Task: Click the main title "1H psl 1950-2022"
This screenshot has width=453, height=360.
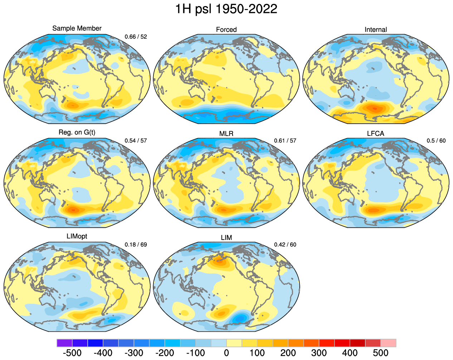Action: [x=226, y=9]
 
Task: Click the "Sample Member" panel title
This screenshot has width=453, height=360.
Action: [x=77, y=28]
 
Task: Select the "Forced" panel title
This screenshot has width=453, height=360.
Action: [x=226, y=30]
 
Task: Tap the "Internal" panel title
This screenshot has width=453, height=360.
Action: [x=376, y=30]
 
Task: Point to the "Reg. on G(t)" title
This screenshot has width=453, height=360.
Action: [x=77, y=132]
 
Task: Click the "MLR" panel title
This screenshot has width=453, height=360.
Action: [x=226, y=134]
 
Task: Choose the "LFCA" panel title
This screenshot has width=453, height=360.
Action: [x=376, y=134]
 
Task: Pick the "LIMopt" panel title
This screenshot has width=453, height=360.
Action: [x=77, y=236]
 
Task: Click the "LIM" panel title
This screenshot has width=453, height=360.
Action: [x=226, y=238]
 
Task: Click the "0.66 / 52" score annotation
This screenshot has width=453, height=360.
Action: [x=136, y=36]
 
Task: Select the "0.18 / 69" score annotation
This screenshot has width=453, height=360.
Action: [x=136, y=245]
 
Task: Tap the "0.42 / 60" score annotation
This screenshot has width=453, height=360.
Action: [x=285, y=245]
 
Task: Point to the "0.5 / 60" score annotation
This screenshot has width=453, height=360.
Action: [x=436, y=140]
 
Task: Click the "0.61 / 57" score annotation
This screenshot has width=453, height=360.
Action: [x=285, y=140]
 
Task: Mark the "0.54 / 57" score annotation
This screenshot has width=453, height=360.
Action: [x=136, y=140]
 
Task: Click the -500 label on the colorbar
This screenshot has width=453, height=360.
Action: [x=72, y=353]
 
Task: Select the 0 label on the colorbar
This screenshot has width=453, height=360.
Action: [x=226, y=353]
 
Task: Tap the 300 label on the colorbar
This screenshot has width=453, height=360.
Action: [x=319, y=353]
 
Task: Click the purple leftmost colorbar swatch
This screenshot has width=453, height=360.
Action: [x=64, y=343]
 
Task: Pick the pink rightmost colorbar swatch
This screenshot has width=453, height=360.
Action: [x=388, y=343]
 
